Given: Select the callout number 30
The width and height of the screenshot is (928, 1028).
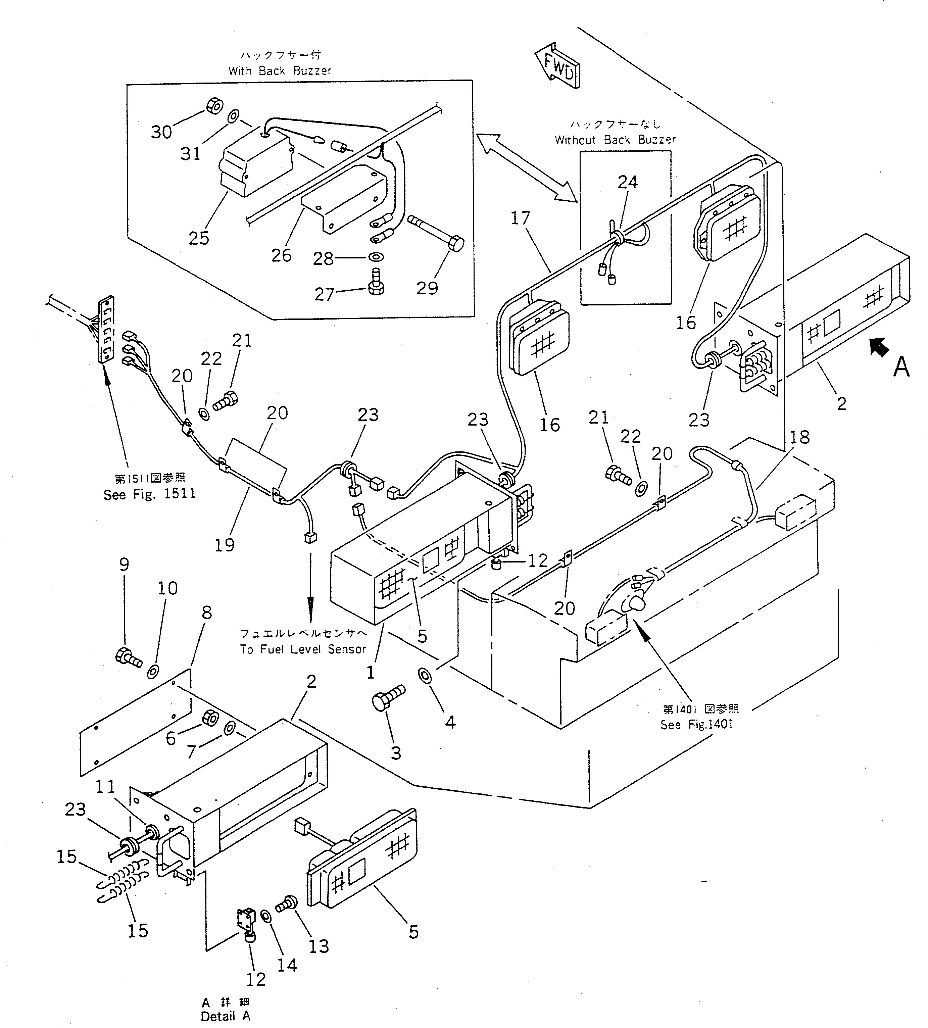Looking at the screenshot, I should coord(161,132).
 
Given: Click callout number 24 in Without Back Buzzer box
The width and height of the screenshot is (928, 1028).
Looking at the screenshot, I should coord(628,182).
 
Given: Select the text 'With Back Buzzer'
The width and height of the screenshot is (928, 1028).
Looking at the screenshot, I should coord(280,71).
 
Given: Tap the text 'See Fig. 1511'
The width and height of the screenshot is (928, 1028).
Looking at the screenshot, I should coord(149,494).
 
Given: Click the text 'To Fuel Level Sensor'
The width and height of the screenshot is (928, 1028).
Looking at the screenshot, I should coord(303,649).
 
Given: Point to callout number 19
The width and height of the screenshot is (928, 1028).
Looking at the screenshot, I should coord(224,545).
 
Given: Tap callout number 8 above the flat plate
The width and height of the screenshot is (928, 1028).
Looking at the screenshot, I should coord(206,613).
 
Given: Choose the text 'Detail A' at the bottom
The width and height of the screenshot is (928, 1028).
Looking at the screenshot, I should coord(226,1016).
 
